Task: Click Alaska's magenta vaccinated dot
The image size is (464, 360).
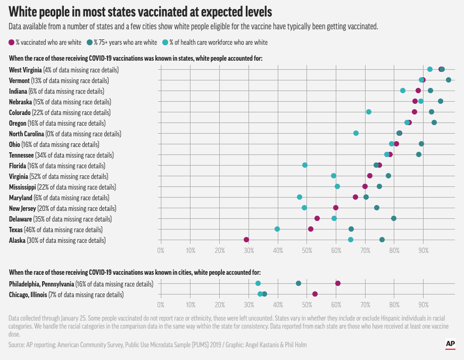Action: (x=246, y=240)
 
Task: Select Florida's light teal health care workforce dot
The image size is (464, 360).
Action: (x=305, y=165)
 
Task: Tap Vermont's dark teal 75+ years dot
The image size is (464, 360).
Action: (x=449, y=80)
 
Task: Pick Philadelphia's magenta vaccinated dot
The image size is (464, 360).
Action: (x=338, y=283)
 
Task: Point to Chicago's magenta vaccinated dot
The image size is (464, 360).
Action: (x=315, y=294)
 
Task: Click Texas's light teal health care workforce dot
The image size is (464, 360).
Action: (x=277, y=229)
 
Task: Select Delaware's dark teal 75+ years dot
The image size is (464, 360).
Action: (x=394, y=218)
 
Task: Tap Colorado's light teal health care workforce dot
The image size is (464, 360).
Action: (x=369, y=112)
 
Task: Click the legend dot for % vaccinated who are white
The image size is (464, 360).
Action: (x=12, y=42)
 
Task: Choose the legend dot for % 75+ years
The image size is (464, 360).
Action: (x=90, y=42)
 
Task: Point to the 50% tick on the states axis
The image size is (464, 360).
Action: (x=306, y=249)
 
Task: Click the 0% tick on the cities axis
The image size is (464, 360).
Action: (x=161, y=305)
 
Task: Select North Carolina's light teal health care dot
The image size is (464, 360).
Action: (x=356, y=133)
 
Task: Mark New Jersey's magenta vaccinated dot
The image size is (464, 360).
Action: (x=336, y=208)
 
